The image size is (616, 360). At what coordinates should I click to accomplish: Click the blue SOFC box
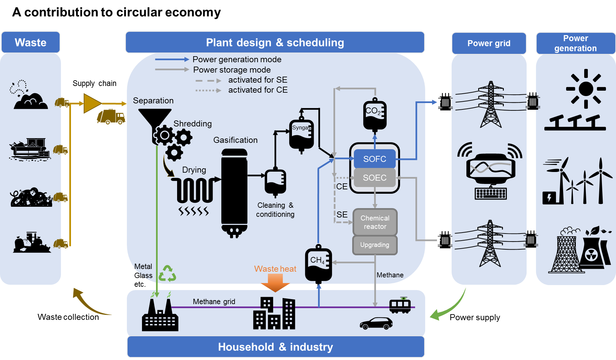pyautogui.click(x=375, y=159)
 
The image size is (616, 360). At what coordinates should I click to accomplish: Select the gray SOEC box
pyautogui.click(x=375, y=178)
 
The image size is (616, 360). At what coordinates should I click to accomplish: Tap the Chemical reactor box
pyautogui.click(x=375, y=222)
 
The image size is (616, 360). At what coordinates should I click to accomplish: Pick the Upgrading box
pyautogui.click(x=375, y=245)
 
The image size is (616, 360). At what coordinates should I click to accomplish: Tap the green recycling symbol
pyautogui.click(x=167, y=273)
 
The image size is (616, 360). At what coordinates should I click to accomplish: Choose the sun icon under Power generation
pyautogui.click(x=586, y=89)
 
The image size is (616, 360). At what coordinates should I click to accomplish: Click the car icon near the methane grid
pyautogui.click(x=376, y=324)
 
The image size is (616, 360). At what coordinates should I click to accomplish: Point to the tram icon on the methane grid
pyautogui.click(x=400, y=305)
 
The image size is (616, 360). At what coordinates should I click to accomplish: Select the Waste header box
pyautogui.click(x=30, y=42)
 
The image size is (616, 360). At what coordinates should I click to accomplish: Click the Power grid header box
pyautogui.click(x=489, y=43)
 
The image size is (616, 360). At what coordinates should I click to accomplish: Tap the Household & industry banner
pyautogui.click(x=276, y=347)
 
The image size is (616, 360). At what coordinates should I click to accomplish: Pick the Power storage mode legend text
pyautogui.click(x=232, y=70)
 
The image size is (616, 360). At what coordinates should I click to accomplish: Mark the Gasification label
pyautogui.click(x=235, y=140)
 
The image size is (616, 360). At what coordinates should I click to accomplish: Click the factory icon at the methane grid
pyautogui.click(x=160, y=316)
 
